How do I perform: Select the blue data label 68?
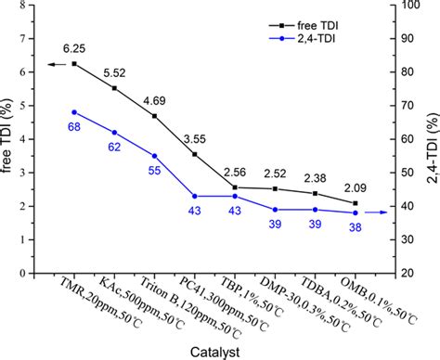(x=74, y=127)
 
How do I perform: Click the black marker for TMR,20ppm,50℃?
(x=74, y=64)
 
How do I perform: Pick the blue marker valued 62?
(x=114, y=132)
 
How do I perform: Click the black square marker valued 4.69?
(x=154, y=116)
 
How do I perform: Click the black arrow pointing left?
(x=54, y=64)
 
